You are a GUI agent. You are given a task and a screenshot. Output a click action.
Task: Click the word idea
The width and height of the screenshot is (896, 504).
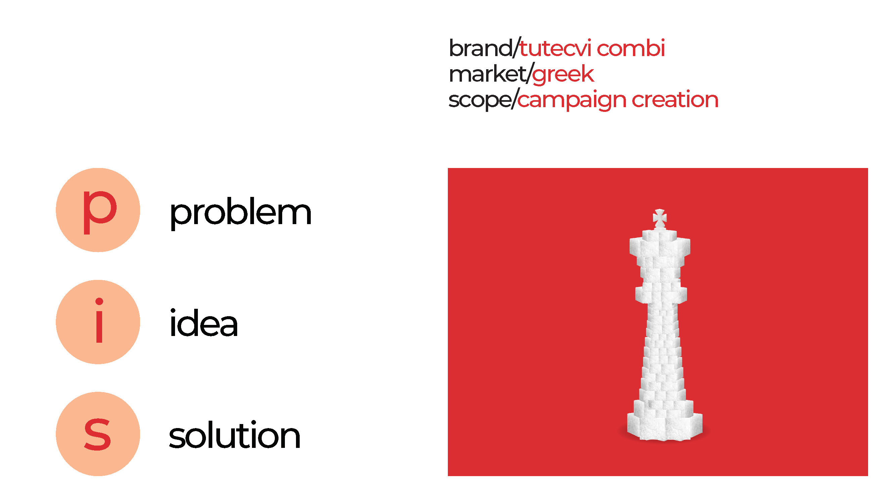click(204, 323)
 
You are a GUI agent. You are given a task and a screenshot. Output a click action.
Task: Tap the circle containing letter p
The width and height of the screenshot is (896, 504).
click(98, 210)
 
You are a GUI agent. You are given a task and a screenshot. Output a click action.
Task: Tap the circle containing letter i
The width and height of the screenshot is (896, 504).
click(98, 322)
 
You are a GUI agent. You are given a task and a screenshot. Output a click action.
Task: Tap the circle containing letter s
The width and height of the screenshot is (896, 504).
click(98, 434)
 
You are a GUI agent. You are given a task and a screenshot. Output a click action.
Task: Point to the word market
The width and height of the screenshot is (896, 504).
click(488, 74)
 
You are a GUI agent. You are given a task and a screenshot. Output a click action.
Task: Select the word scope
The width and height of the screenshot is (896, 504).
click(479, 100)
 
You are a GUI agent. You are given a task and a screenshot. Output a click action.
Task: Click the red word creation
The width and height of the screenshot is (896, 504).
click(675, 99)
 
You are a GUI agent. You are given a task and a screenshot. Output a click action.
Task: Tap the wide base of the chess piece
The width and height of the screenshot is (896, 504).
click(664, 426)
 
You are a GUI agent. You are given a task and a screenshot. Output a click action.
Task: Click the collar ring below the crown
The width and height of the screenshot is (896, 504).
click(661, 294)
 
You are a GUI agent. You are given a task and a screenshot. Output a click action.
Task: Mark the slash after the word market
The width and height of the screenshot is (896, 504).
click(529, 74)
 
